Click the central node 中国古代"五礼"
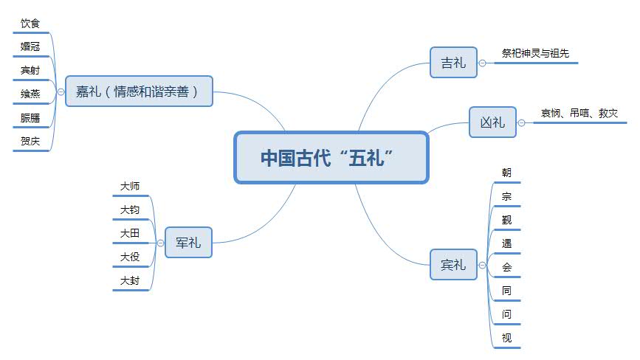pyautogui.click(x=331, y=157)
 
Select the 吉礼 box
pyautogui.click(x=453, y=63)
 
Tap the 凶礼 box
pyautogui.click(x=492, y=122)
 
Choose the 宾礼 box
pyautogui.click(x=453, y=265)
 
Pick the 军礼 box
pyautogui.click(x=188, y=242)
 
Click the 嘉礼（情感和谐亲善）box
pyautogui.click(x=139, y=91)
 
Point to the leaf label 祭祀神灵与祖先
pyautogui.click(x=535, y=54)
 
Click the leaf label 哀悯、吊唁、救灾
pyautogui.click(x=578, y=113)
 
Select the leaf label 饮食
pyautogui.click(x=31, y=24)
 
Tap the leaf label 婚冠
pyautogui.click(x=31, y=47)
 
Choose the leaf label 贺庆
pyautogui.click(x=31, y=141)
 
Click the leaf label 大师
pyautogui.click(x=130, y=187)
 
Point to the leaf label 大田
pyautogui.click(x=130, y=233)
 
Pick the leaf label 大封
pyautogui.click(x=130, y=280)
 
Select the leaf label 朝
pyautogui.click(x=506, y=173)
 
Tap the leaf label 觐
pyautogui.click(x=506, y=219)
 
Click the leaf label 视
pyautogui.click(x=506, y=338)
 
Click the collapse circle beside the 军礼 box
pyautogui.click(x=159, y=242)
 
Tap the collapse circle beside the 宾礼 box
pyautogui.click(x=482, y=265)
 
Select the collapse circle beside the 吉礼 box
pyautogui.click(x=482, y=63)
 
